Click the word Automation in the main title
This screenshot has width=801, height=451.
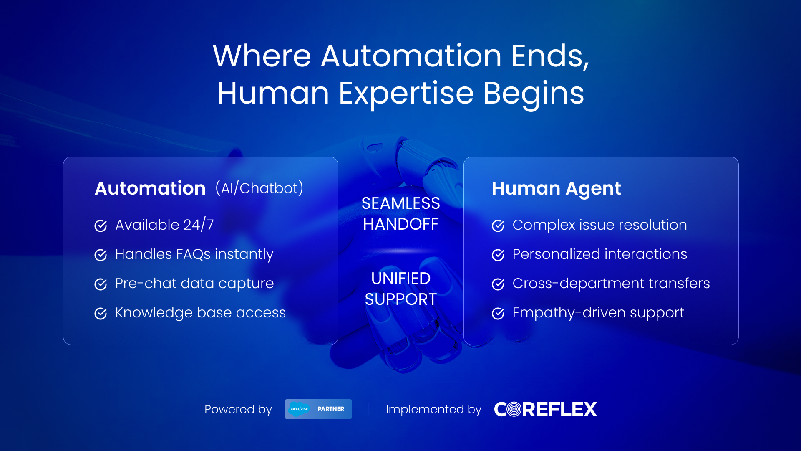tap(411, 56)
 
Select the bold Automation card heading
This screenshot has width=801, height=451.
tap(150, 188)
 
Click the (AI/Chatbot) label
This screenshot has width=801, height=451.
tap(259, 188)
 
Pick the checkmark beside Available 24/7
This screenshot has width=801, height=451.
tap(101, 225)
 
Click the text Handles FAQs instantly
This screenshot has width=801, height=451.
tap(194, 254)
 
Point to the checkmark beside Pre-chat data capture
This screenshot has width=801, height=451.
tap(101, 284)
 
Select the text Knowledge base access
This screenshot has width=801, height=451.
tap(201, 313)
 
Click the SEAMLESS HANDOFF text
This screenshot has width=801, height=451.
tap(400, 214)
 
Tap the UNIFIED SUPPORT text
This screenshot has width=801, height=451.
tap(400, 289)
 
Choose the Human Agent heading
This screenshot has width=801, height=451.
tap(556, 189)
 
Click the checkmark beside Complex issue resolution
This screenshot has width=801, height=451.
tap(498, 225)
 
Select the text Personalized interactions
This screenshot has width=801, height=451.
tap(600, 254)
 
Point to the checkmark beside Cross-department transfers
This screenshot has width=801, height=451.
tap(498, 284)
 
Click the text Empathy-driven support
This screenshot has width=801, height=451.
tap(598, 313)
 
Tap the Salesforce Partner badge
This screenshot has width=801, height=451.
tap(318, 409)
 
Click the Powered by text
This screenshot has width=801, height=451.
tap(238, 410)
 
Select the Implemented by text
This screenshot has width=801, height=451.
tap(433, 410)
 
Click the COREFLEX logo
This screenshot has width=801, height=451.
tap(546, 409)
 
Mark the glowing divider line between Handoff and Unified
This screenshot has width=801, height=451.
tap(400, 251)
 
